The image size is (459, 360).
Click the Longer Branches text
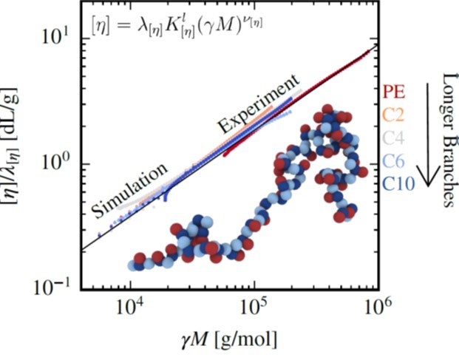click(446, 140)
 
